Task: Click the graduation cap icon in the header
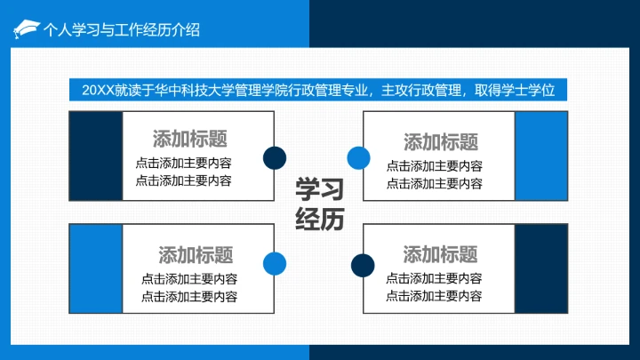(26, 28)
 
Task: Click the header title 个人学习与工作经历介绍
(122, 29)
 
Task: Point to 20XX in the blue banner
(98, 91)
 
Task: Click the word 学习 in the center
(319, 189)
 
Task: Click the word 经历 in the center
(319, 219)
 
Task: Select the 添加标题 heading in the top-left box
(189, 139)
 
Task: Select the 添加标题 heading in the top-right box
(441, 141)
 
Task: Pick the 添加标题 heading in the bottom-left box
(196, 255)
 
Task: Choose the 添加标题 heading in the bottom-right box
(440, 254)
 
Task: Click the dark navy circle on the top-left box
(274, 157)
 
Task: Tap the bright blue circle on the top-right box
(357, 158)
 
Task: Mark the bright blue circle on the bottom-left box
(274, 262)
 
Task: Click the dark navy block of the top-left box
(95, 156)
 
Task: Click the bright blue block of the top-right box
(541, 156)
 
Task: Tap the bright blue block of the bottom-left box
(95, 269)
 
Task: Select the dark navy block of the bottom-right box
(541, 269)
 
